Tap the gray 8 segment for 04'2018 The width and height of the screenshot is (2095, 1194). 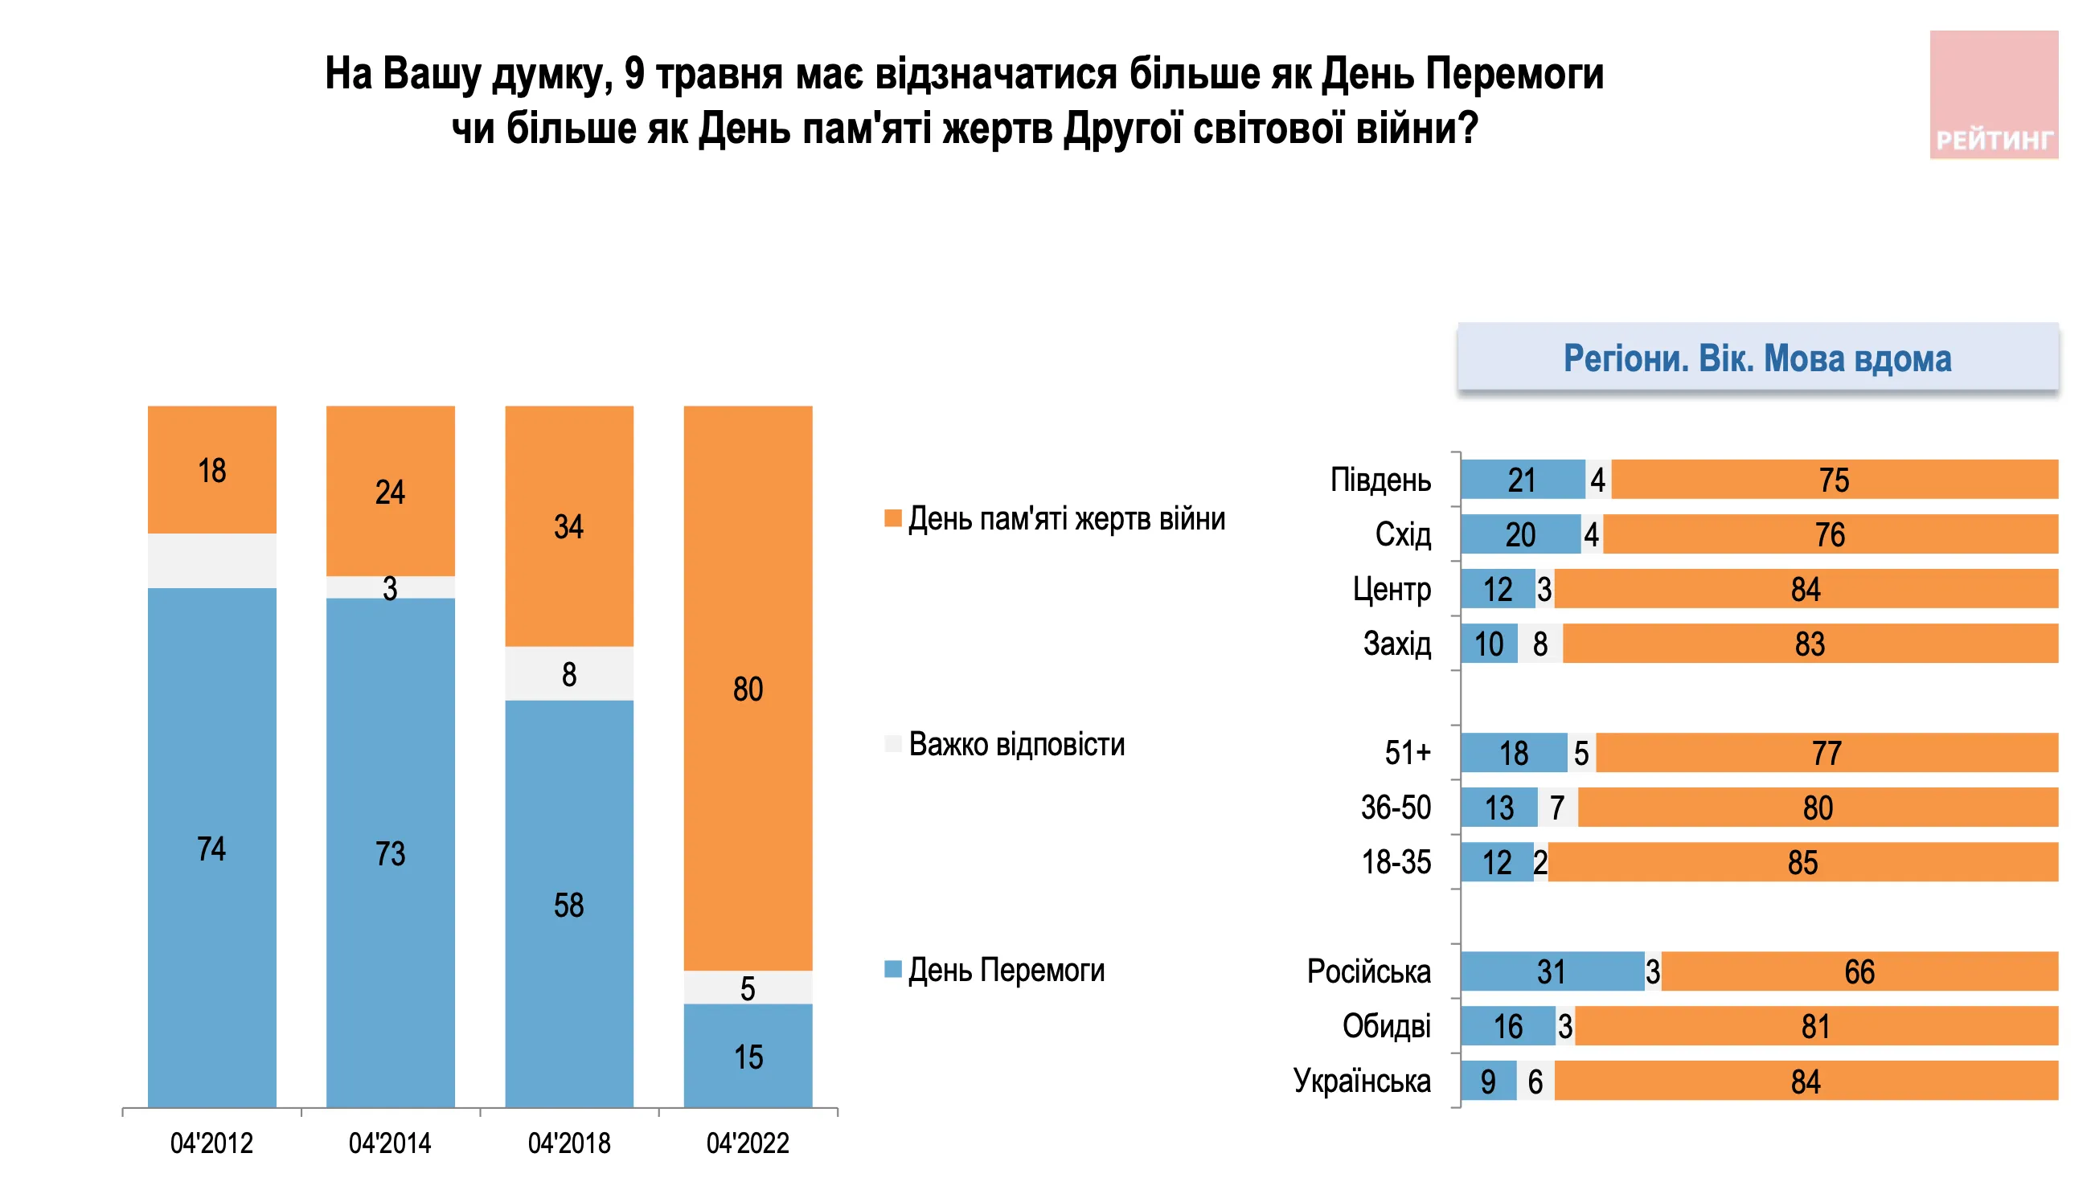tap(568, 673)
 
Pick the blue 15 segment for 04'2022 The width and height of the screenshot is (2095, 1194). tap(748, 1056)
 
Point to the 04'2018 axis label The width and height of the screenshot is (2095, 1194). tap(568, 1143)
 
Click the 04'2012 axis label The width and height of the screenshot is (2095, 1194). tap(211, 1143)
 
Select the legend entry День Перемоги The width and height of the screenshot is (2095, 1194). tap(1006, 970)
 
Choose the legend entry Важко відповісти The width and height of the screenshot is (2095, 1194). tap(1015, 744)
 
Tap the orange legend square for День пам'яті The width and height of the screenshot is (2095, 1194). tap(892, 517)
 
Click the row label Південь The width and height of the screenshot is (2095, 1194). tap(1380, 480)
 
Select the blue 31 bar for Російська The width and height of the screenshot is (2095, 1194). tap(1552, 971)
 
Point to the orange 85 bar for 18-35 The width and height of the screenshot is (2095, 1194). tap(1802, 862)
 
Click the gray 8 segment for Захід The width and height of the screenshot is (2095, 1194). tap(1539, 644)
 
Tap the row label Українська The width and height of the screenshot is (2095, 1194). tap(1362, 1081)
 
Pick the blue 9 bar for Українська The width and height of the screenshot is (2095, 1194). tap(1488, 1081)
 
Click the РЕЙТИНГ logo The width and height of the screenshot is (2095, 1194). tap(1993, 95)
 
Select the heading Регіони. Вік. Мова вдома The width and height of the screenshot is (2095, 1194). tap(1757, 358)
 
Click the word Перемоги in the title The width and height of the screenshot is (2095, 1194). tap(1515, 74)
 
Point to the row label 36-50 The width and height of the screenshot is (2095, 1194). tap(1396, 808)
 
